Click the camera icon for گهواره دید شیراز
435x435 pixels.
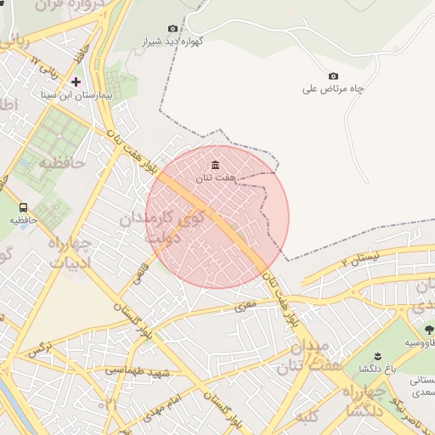pos(173,29)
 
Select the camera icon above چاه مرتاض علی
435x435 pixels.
pos(333,76)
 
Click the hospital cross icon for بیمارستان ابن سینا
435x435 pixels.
pos(76,82)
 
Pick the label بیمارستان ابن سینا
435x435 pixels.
pos(76,96)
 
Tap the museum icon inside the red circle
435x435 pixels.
pos(214,164)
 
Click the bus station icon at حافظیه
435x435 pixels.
pos(23,207)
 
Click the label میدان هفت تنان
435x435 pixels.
pos(303,357)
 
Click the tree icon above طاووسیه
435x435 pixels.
pos(428,329)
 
